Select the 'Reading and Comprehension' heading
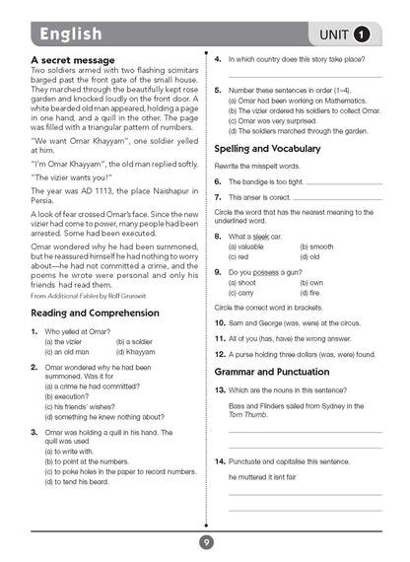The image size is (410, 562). pyautogui.click(x=95, y=313)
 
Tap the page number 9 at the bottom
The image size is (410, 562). pyautogui.click(x=205, y=541)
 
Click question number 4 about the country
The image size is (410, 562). pyautogui.click(x=218, y=60)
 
